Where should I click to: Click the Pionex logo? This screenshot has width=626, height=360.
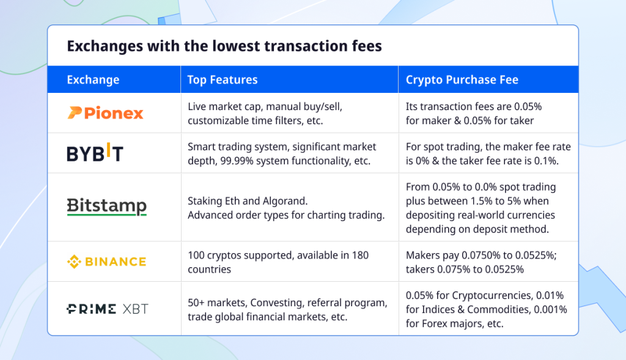[x=105, y=113]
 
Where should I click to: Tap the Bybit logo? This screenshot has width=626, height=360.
[x=95, y=153]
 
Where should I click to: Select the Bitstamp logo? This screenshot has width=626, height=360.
[x=106, y=207]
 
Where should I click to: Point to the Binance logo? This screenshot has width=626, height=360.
[x=106, y=262]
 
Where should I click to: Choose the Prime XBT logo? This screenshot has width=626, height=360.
[x=107, y=309]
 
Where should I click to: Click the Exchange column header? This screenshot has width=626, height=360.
[x=93, y=79]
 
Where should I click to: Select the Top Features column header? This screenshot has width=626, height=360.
[x=223, y=79]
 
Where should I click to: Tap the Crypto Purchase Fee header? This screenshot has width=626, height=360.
[x=462, y=79]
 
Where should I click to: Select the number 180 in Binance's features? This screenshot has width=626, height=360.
[x=359, y=255]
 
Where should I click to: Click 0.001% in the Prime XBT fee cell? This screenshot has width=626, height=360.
[x=547, y=310]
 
